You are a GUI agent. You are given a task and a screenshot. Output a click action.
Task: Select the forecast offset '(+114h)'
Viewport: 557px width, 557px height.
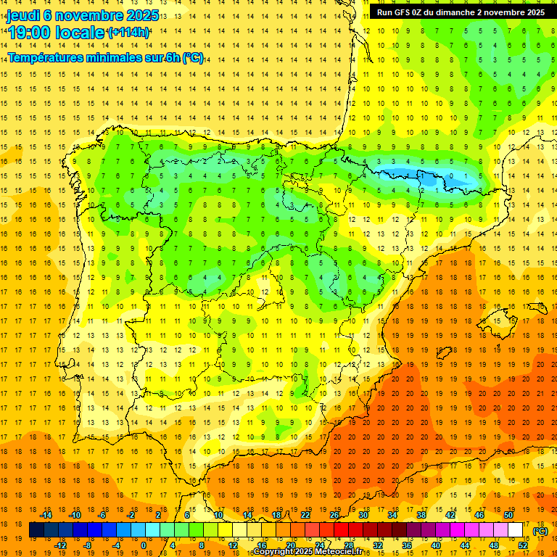click(x=128, y=33)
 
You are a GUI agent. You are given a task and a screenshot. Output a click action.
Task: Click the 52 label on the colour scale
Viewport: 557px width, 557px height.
click(x=523, y=545)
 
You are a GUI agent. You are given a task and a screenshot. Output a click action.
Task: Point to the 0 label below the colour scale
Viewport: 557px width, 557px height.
click(x=144, y=545)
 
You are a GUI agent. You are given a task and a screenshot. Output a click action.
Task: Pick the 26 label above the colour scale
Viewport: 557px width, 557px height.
click(x=334, y=515)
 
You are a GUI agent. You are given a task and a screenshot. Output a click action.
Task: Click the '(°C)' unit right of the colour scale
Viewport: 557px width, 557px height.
click(x=540, y=531)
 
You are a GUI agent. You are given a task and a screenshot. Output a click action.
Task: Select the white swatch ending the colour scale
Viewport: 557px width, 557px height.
click(x=516, y=530)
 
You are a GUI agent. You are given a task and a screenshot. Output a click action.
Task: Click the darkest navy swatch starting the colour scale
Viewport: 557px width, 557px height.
click(x=36, y=530)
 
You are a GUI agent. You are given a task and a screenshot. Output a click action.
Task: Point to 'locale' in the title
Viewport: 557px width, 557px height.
click(x=81, y=33)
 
